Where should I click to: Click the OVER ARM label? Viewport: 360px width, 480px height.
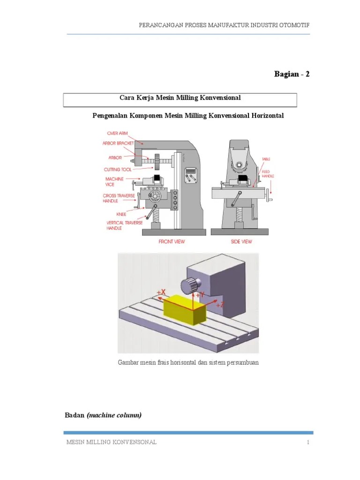pyautogui.click(x=117, y=133)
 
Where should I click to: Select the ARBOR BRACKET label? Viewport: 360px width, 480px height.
pyautogui.click(x=118, y=143)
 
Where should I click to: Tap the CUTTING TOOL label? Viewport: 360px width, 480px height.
pyautogui.click(x=118, y=170)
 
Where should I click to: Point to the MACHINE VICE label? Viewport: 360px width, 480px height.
pyautogui.click(x=114, y=182)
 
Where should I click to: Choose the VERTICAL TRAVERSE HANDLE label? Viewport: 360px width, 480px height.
pyautogui.click(x=120, y=225)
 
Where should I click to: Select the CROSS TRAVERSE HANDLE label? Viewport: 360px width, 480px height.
pyautogui.click(x=117, y=198)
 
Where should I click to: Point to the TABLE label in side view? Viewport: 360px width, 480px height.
pyautogui.click(x=266, y=159)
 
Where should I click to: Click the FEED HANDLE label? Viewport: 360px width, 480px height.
pyautogui.click(x=268, y=174)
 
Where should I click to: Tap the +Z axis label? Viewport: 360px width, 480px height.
pyautogui.click(x=220, y=305)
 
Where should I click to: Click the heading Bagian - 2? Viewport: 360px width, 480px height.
pyautogui.click(x=292, y=75)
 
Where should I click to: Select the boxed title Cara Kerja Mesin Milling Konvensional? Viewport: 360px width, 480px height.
pyautogui.click(x=180, y=97)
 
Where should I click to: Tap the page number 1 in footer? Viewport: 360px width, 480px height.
pyautogui.click(x=308, y=442)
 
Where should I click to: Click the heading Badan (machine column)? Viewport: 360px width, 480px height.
pyautogui.click(x=102, y=415)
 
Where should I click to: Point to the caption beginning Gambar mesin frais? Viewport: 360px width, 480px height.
pyautogui.click(x=188, y=363)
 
